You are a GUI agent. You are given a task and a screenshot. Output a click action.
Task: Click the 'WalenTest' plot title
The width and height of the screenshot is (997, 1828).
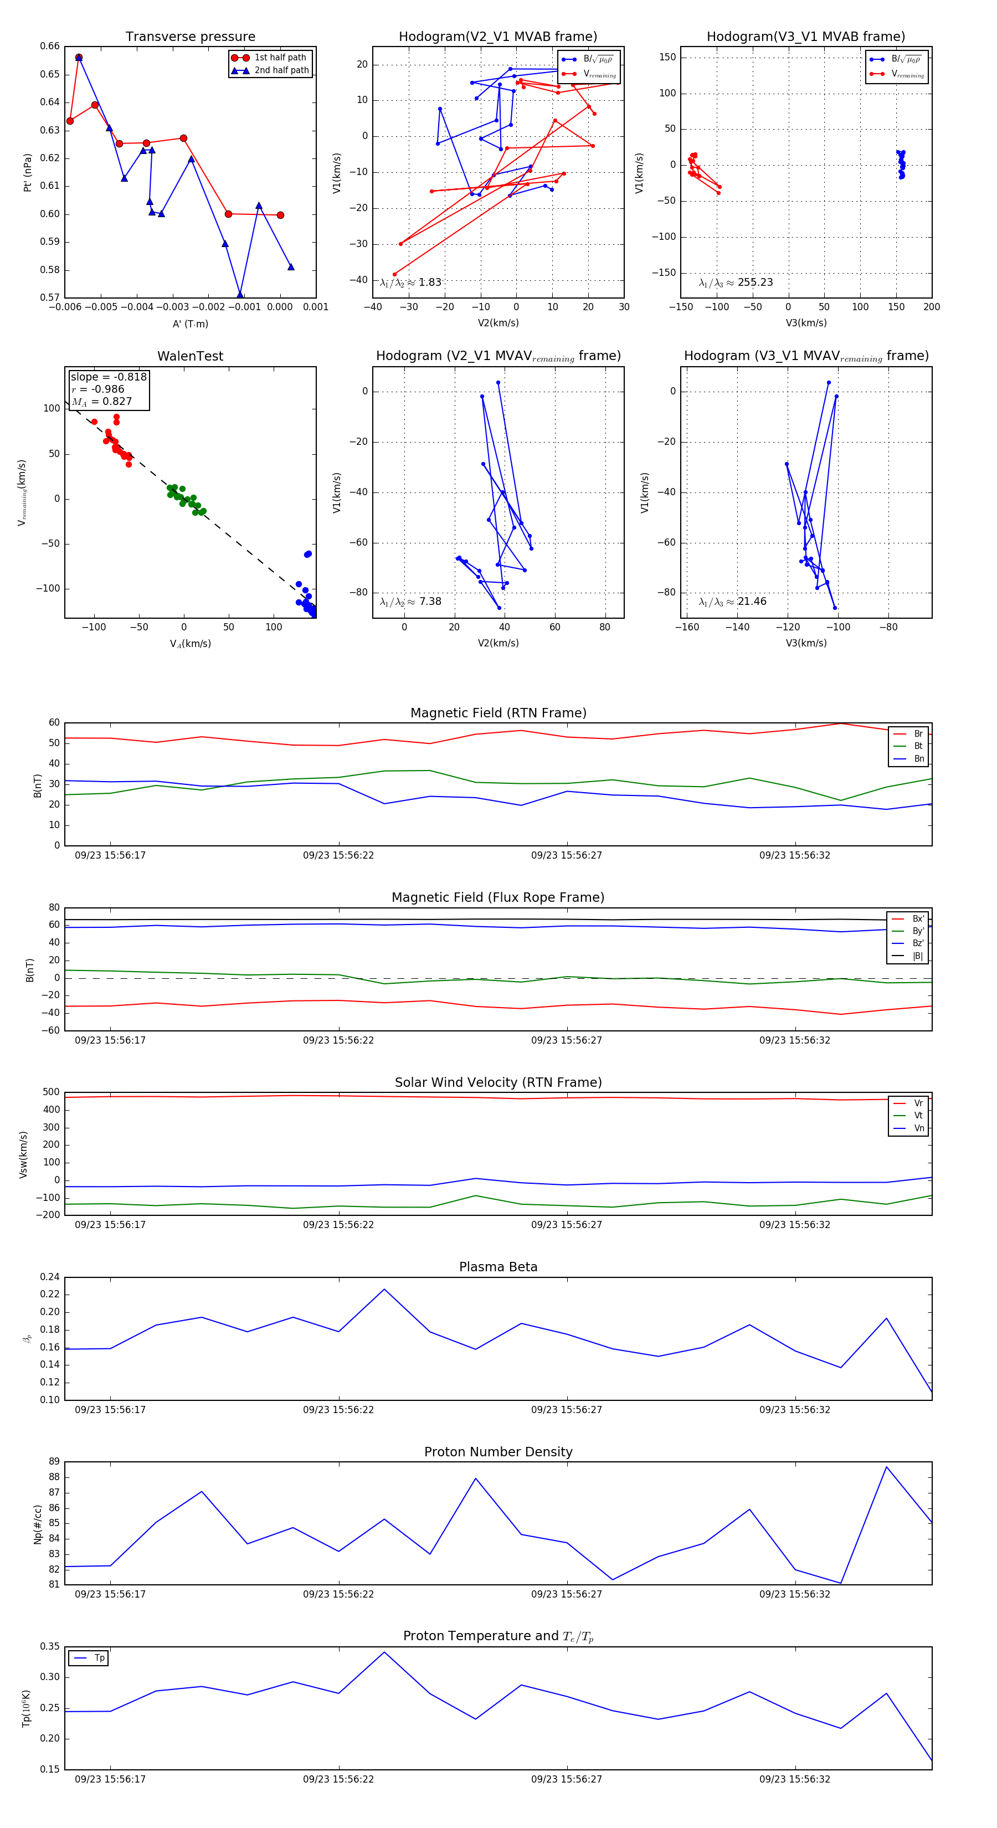click(190, 356)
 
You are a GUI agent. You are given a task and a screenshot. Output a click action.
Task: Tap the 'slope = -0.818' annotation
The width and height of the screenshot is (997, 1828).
click(109, 377)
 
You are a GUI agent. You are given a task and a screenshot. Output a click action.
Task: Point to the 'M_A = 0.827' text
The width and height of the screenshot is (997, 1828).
click(101, 402)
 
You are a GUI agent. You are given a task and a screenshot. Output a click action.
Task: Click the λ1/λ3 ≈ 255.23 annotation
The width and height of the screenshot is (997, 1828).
click(736, 283)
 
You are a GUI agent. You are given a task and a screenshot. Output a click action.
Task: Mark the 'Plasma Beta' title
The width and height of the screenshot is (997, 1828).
click(498, 1267)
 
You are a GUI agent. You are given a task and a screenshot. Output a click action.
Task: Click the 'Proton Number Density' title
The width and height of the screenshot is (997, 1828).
click(498, 1452)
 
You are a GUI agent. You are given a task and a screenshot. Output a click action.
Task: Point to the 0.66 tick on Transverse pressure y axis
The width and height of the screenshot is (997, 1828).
click(50, 46)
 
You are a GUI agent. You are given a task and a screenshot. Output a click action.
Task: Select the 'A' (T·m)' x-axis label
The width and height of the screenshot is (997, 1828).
click(190, 324)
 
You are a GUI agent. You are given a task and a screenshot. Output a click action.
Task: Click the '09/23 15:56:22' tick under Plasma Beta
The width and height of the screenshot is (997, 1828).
click(338, 1409)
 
